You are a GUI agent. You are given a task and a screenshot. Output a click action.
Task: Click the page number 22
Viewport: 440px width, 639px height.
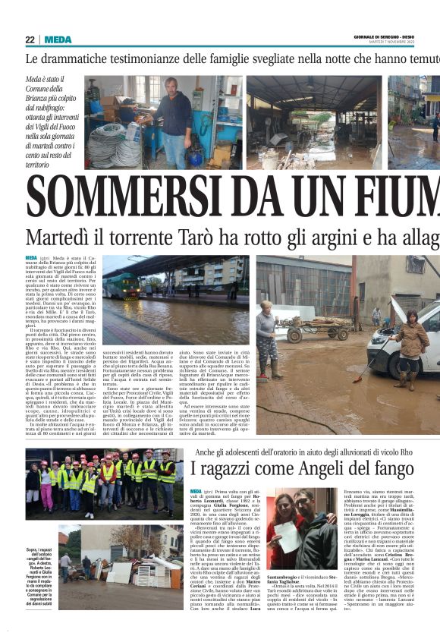coord(30,39)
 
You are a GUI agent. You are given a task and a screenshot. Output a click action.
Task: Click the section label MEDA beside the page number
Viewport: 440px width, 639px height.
coord(58,39)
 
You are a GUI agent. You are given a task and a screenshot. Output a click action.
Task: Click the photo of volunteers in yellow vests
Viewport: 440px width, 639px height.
coord(103,483)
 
